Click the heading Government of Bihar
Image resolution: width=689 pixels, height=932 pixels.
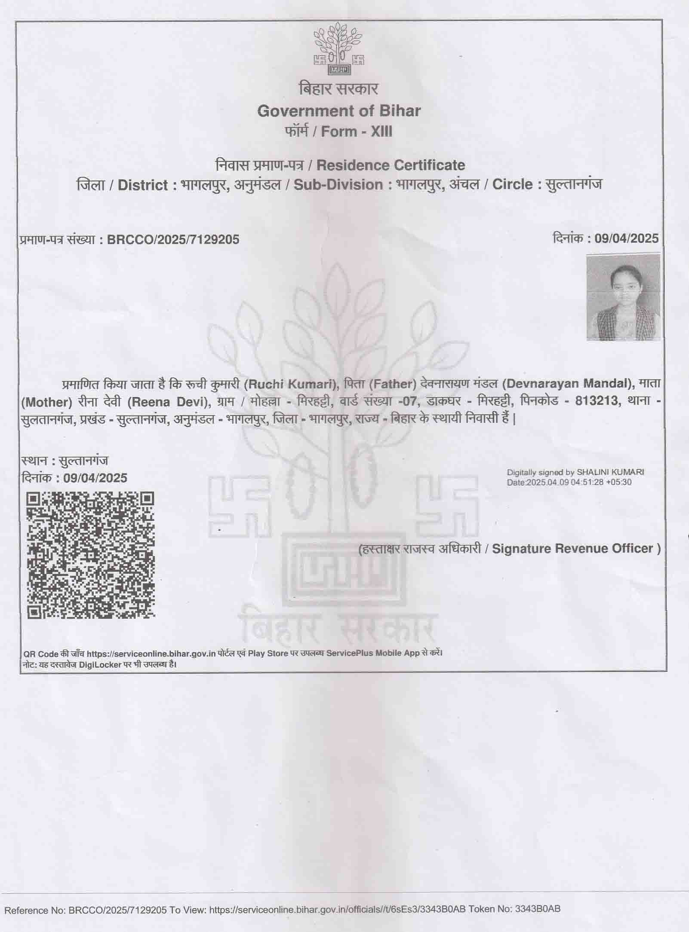coord(338,111)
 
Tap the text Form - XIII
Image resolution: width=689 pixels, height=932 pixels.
coord(357,131)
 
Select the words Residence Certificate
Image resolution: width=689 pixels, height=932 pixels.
coord(391,165)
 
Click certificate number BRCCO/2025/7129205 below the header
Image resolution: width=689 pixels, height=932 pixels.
coord(173,239)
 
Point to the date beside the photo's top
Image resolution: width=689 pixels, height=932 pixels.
coord(626,238)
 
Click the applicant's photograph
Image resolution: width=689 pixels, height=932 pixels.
coord(623,297)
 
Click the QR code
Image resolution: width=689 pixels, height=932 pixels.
coord(90,556)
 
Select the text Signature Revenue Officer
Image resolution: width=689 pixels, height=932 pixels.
coord(572,548)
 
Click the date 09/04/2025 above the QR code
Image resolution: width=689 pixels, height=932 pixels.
coord(95,478)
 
